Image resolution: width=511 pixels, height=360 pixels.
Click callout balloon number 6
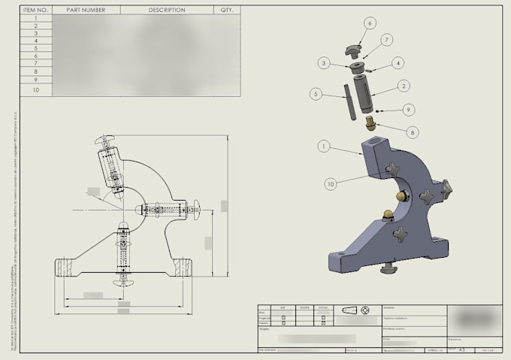point(370,23)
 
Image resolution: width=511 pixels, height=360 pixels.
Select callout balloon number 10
point(330,183)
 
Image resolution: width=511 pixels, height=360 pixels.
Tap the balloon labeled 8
point(413,132)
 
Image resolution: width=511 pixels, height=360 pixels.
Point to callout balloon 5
point(316,94)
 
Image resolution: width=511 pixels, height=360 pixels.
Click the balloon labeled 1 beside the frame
point(324,147)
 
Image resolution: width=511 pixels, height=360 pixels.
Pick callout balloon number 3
point(323,64)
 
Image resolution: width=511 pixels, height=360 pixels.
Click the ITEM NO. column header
point(35,11)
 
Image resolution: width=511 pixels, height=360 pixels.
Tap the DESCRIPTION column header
point(167,11)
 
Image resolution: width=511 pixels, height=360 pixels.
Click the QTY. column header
point(227,11)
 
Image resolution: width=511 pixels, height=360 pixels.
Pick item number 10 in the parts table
point(35,89)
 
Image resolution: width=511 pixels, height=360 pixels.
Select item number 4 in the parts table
point(35,41)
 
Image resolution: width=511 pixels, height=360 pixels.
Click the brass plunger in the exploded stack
point(370,122)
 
